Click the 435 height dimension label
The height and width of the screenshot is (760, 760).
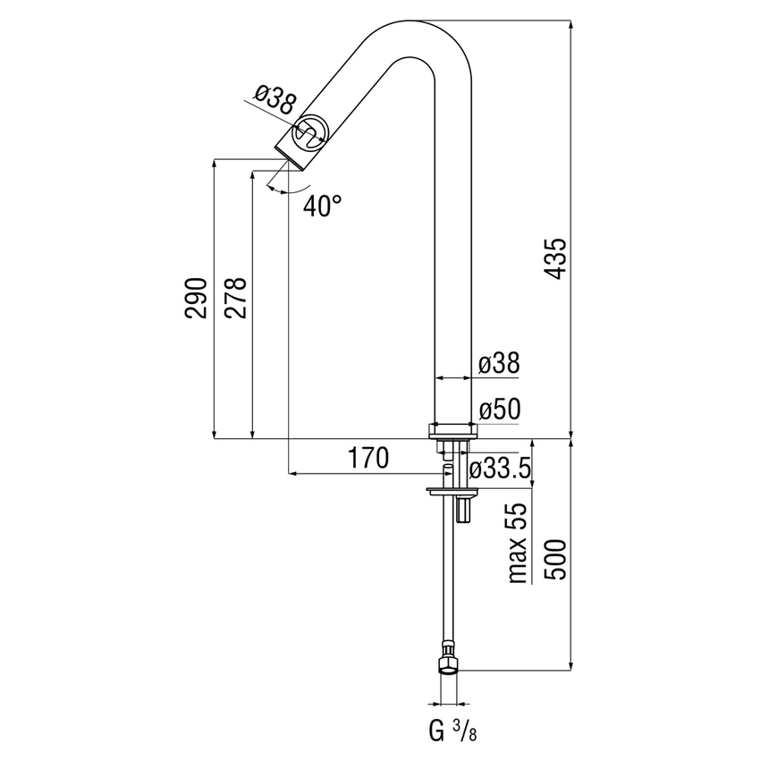tap(556, 259)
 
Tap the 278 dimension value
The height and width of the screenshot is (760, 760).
tap(235, 298)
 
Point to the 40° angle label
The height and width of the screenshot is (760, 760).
tap(322, 207)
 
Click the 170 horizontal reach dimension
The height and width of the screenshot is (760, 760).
tap(368, 459)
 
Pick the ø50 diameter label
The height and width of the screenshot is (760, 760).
tap(499, 410)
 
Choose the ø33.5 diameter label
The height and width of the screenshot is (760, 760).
tap(501, 468)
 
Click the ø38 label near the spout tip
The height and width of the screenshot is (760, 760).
tap(274, 97)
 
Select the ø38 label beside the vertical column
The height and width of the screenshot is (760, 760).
tap(499, 364)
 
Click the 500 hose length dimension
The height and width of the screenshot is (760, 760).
tap(555, 559)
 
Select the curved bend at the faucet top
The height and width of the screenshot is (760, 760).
tap(420, 45)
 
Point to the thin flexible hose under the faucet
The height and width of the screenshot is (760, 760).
tap(447, 581)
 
